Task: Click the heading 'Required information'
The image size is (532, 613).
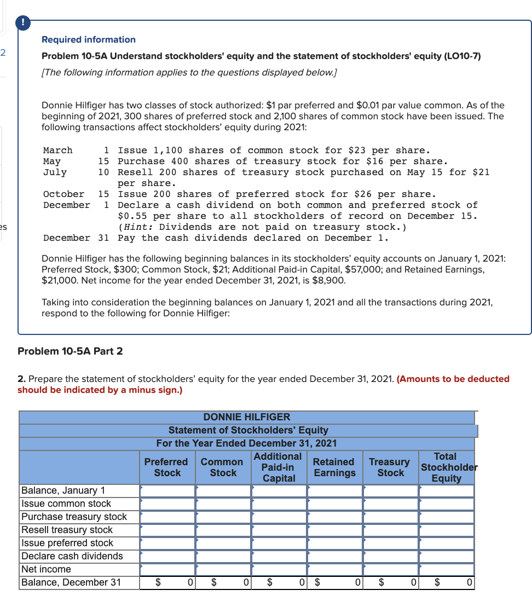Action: pos(89,39)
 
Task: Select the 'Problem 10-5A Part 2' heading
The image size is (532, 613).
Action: pos(70,351)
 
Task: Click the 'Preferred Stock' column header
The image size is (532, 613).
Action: pos(166,467)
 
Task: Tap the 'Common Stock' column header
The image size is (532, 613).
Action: pos(222,467)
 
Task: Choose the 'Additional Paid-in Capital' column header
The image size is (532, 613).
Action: pos(278,467)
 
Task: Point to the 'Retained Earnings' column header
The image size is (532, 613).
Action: pos(334,467)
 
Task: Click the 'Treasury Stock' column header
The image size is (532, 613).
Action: pos(390,467)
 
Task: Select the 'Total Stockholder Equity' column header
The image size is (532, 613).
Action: pos(446,467)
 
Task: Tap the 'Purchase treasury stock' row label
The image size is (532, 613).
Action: pos(74,517)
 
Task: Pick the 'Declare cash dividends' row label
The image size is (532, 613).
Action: pos(72,556)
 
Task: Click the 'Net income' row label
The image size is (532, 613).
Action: pos(46,569)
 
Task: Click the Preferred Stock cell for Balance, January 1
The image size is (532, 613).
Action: pos(167,491)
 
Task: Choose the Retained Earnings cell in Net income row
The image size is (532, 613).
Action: pos(334,570)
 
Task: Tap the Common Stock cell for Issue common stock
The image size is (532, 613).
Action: pos(223,504)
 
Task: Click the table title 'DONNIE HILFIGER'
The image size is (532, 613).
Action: pos(247,417)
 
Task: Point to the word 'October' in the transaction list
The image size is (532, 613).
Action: pos(63,194)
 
